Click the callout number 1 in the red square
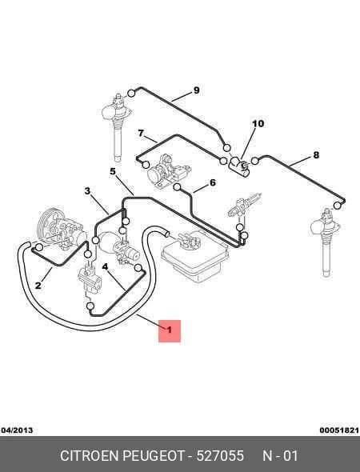pos(169,330)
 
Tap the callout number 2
pos(38,285)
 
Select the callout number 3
pos(87,191)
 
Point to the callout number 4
pos(105,266)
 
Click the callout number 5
pos(113,171)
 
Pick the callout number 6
pos(213,182)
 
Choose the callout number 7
pos(141,133)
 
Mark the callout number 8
pos(316,155)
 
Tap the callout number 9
pos(196,90)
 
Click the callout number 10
pos(258,123)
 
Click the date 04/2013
pos(17,430)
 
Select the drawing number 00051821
pos(339,430)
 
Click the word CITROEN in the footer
pos(90,455)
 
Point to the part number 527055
pos(220,455)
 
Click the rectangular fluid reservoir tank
pos(194,258)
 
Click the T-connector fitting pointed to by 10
pos(238,166)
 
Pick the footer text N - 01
pos(280,455)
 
